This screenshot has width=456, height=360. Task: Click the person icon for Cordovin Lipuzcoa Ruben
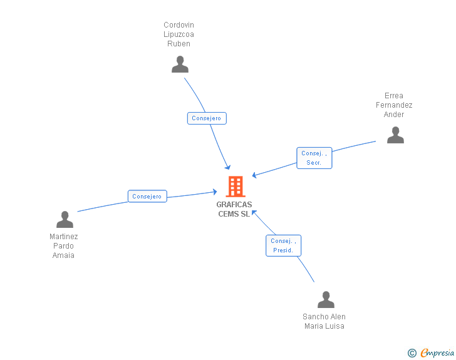[180, 64]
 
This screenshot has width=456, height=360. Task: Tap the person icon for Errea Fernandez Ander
[395, 135]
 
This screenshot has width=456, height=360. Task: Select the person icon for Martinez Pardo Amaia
[65, 220]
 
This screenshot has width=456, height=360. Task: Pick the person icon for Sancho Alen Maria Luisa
[326, 300]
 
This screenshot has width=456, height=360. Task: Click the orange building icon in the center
[236, 187]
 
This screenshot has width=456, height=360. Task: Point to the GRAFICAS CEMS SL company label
[234, 209]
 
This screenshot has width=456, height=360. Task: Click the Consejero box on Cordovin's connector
[206, 118]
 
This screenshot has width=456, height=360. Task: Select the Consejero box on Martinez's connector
[147, 196]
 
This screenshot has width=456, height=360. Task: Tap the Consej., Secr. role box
[314, 158]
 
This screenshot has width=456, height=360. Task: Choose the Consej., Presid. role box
[283, 245]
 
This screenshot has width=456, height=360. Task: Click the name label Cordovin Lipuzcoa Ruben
[179, 34]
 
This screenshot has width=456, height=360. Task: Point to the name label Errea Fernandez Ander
[394, 105]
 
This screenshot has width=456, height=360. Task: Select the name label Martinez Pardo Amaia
[64, 246]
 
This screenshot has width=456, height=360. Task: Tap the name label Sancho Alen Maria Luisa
[324, 321]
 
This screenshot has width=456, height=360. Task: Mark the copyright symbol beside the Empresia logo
[412, 353]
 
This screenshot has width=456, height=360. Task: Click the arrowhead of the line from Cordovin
[229, 167]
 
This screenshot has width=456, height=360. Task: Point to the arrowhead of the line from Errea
[254, 176]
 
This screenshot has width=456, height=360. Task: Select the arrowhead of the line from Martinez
[215, 192]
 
